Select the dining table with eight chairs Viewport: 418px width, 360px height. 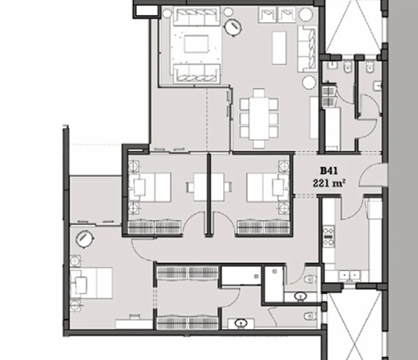click(259, 118)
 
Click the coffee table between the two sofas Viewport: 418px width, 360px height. click(196, 44)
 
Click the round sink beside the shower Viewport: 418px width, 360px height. click(299, 297)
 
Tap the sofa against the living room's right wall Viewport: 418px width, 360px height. click(307, 48)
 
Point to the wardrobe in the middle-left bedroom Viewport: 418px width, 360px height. click(155, 226)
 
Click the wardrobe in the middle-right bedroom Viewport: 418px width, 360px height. click(263, 226)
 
